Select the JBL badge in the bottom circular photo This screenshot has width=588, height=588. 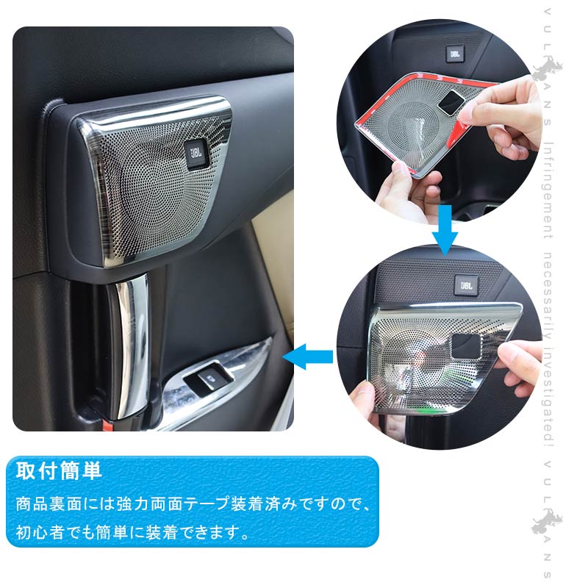click(x=467, y=284)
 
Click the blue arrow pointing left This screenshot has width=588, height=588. click(x=308, y=358)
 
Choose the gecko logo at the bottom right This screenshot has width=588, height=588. click(x=548, y=523)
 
